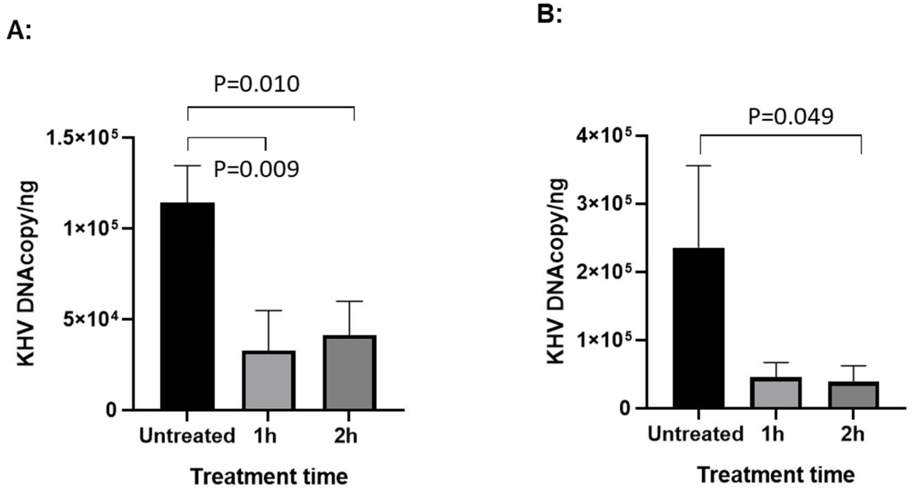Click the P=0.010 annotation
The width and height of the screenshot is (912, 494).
(257, 84)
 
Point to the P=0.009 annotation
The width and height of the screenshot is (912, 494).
(256, 169)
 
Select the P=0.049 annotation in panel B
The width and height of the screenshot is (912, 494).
(791, 117)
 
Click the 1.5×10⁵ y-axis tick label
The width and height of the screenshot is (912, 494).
(82, 139)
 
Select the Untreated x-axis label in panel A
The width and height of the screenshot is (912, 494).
(187, 436)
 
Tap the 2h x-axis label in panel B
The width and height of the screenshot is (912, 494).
(852, 434)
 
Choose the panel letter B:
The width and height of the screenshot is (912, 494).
(549, 15)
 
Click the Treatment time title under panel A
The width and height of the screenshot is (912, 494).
(269, 476)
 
